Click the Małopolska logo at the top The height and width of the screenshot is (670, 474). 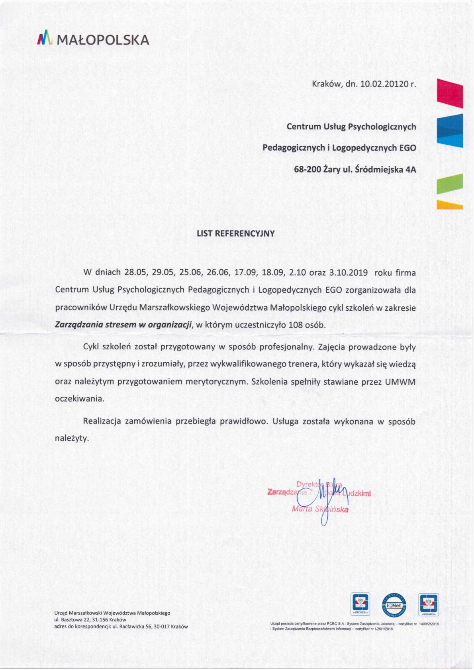click(93, 39)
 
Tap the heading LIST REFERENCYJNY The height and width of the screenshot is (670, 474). click(235, 233)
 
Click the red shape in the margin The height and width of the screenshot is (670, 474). click(450, 94)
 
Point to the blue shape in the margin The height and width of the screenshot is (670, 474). click(450, 130)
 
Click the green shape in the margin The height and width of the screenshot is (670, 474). click(450, 184)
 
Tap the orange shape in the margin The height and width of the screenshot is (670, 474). click(450, 205)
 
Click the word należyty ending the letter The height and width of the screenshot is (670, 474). click(71, 438)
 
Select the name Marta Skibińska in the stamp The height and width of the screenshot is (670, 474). click(320, 509)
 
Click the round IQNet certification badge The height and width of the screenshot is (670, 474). click(394, 604)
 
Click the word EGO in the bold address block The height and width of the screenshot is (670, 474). click(407, 148)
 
